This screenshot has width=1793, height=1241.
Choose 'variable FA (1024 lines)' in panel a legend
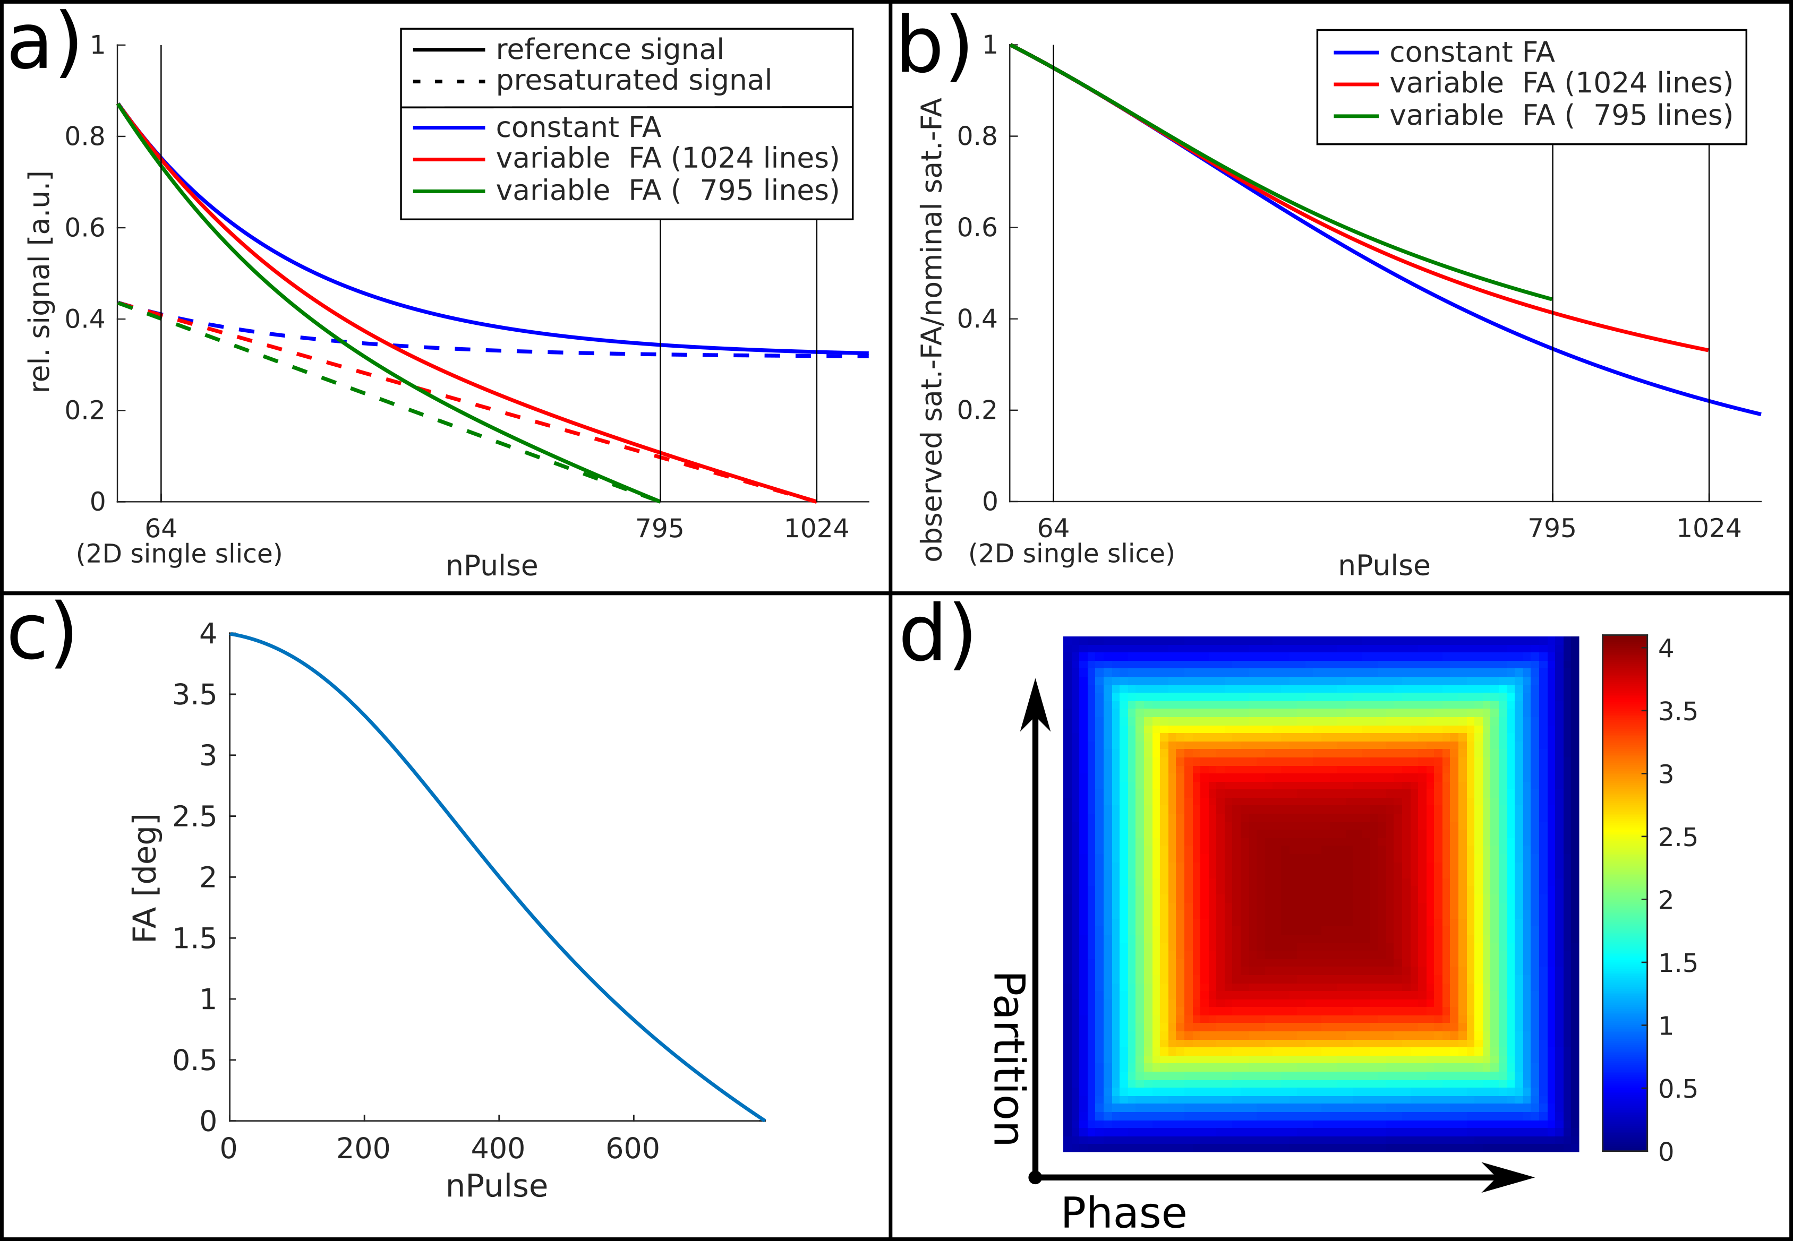click(x=668, y=159)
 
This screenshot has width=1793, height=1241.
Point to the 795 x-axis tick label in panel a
click(x=660, y=529)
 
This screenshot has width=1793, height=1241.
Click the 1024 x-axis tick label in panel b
click(x=1708, y=529)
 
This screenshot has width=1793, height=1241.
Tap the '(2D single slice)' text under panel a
click(x=179, y=554)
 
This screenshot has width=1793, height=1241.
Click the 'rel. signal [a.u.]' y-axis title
click(x=40, y=281)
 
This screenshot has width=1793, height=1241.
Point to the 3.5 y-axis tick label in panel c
click(x=194, y=694)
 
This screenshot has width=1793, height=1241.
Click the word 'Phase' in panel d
click(x=1123, y=1213)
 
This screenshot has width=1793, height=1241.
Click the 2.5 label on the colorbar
click(x=1677, y=838)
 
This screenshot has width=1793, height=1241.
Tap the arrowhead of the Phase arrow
click(x=1509, y=1177)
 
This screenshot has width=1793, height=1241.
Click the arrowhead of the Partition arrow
click(x=1035, y=704)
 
